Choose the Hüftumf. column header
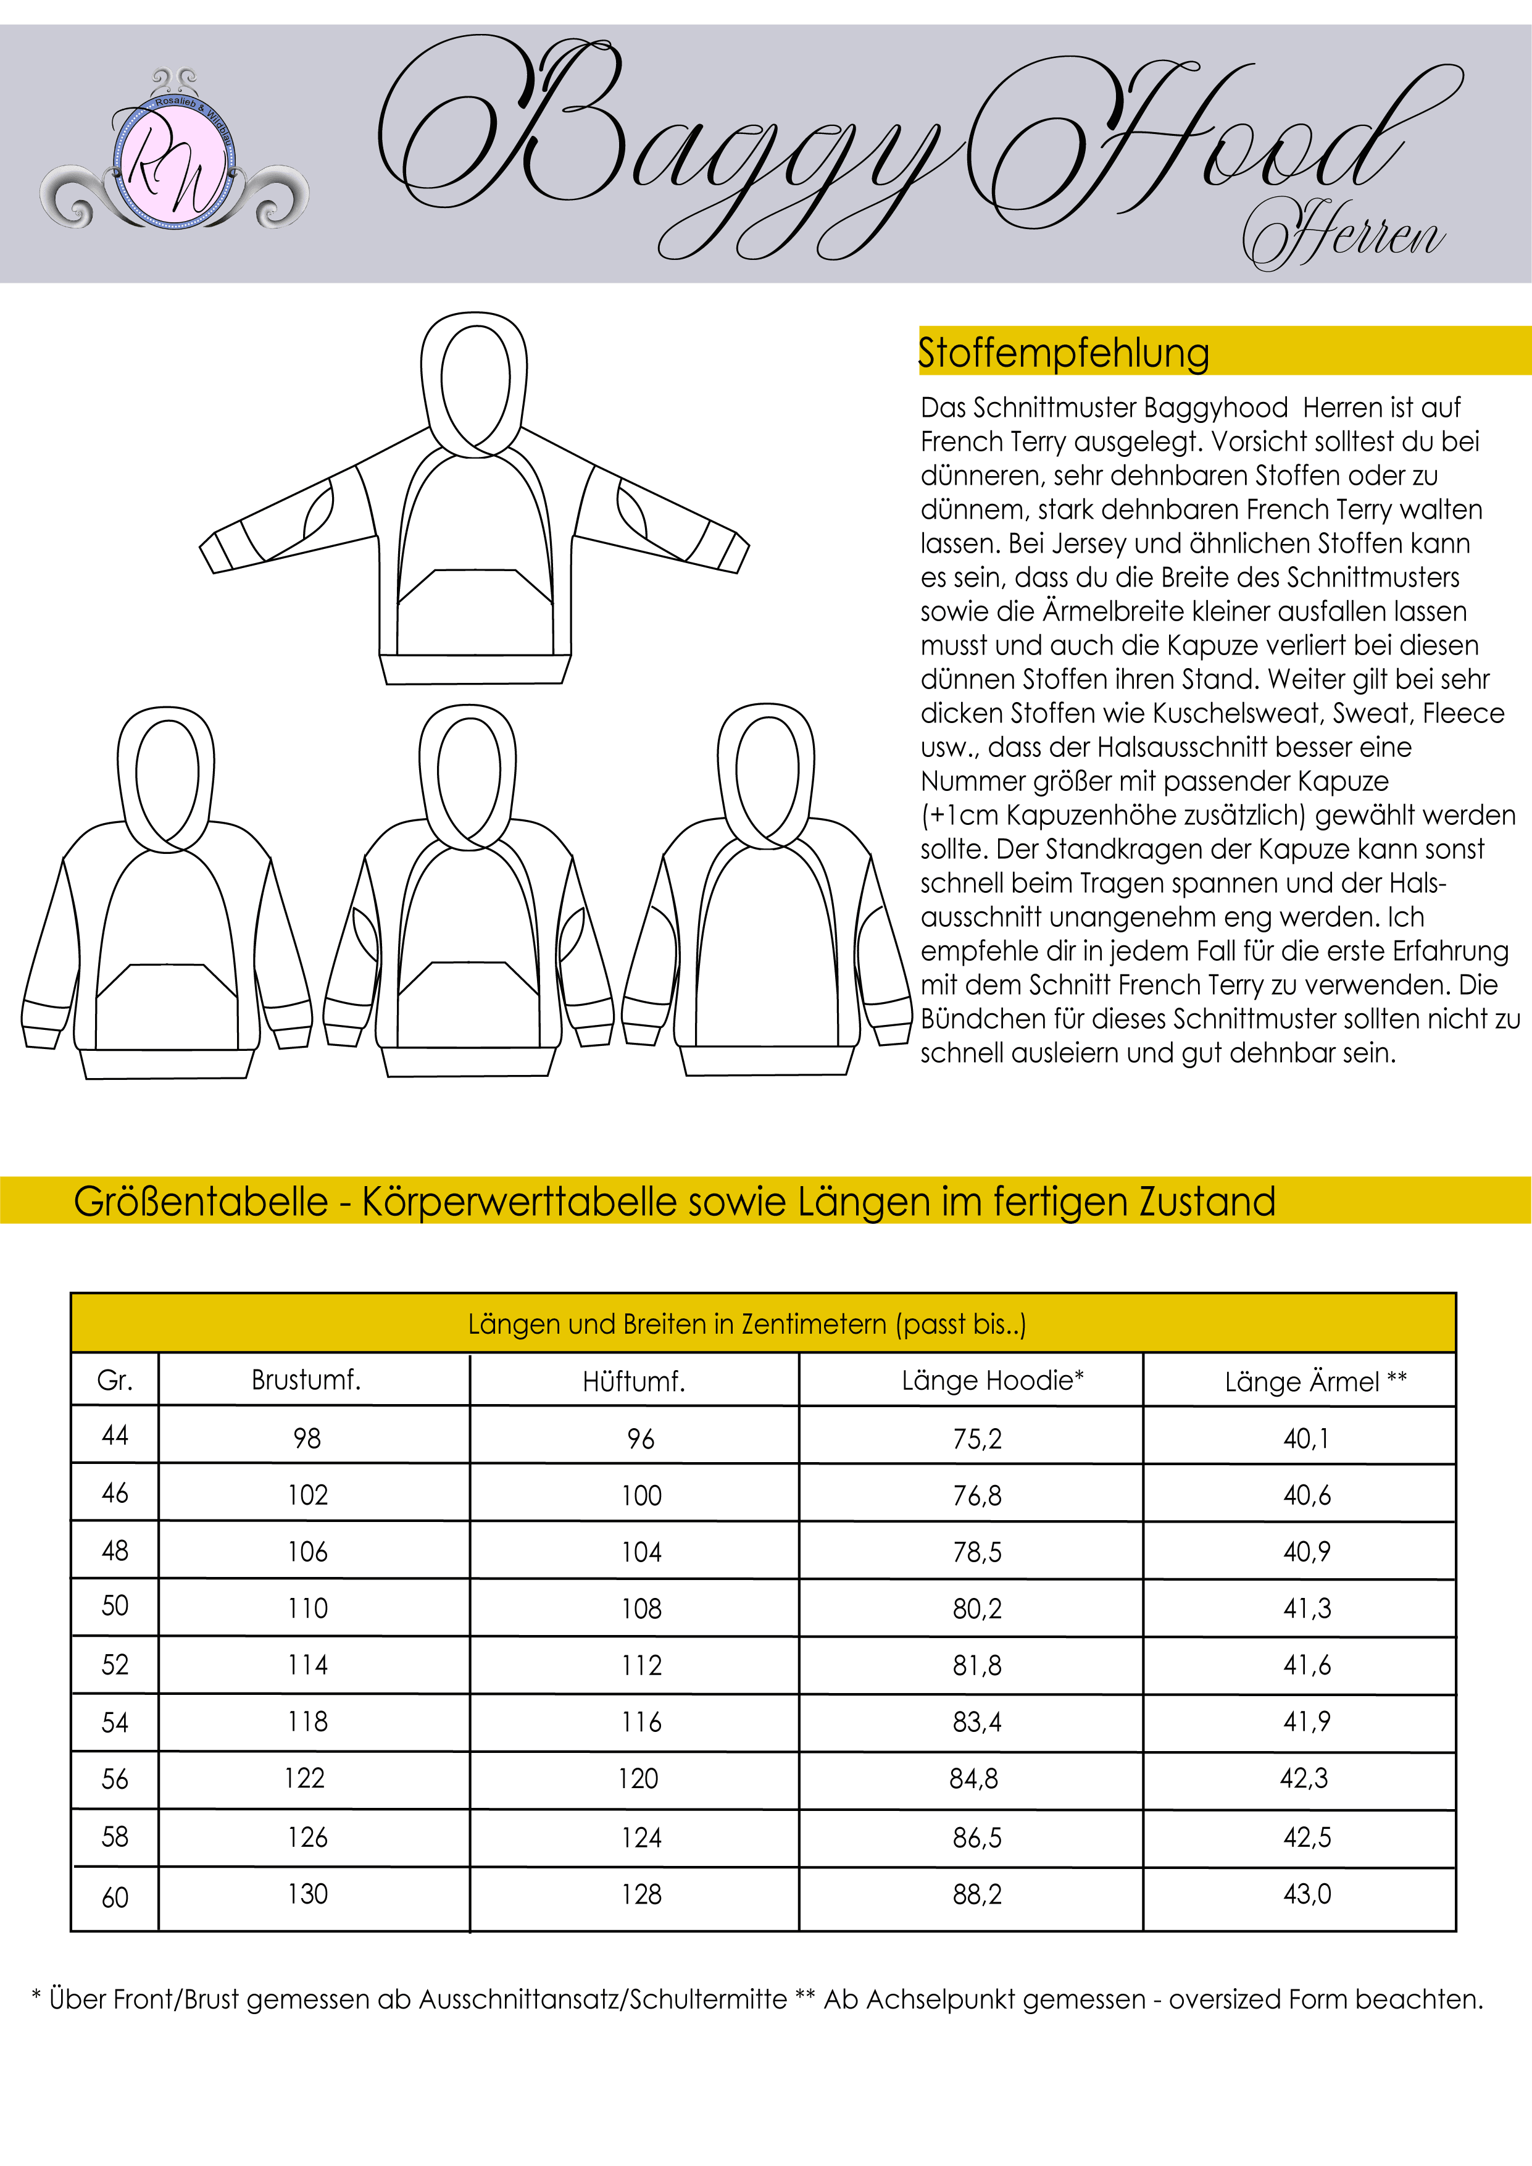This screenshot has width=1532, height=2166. click(x=633, y=1382)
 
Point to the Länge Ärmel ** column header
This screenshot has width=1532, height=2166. click(x=1315, y=1382)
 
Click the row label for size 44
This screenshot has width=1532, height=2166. click(x=115, y=1436)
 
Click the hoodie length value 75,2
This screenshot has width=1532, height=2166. click(x=977, y=1439)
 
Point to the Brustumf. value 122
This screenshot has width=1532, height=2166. click(x=305, y=1778)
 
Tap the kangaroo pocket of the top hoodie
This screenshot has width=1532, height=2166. click(x=475, y=608)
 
